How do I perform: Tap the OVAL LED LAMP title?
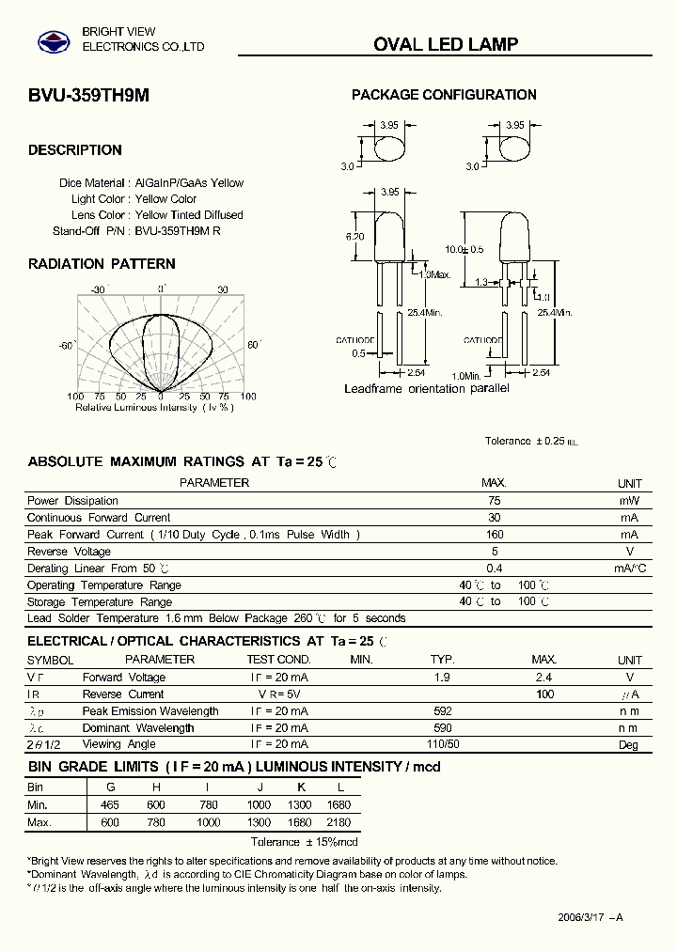click(x=446, y=44)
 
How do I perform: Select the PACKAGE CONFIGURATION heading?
click(x=444, y=95)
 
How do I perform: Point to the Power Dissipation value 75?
click(x=495, y=501)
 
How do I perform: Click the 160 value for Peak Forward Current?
click(x=495, y=535)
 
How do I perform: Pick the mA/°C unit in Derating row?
click(x=630, y=569)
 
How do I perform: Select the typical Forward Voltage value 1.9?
click(x=442, y=678)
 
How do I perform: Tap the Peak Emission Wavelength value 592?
click(x=442, y=711)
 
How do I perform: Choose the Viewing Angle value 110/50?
click(x=442, y=745)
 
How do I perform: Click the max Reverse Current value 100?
click(x=544, y=694)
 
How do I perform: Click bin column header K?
click(x=302, y=787)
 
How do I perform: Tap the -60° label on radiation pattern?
click(x=66, y=346)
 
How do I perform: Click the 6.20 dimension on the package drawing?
click(x=354, y=237)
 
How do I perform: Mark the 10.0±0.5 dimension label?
click(x=464, y=249)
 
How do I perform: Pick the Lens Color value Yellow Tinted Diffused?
click(x=189, y=215)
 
